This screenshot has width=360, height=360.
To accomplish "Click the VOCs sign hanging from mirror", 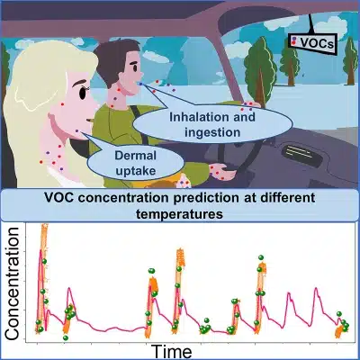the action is click(x=312, y=43).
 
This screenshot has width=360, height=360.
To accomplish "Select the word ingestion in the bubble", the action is click(x=212, y=132).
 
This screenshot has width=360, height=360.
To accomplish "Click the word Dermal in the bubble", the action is click(x=136, y=156).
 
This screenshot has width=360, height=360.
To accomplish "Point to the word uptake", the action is click(x=136, y=171).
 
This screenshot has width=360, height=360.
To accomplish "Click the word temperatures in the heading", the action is click(x=179, y=214).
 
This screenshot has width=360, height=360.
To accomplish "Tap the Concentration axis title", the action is click(x=13, y=283).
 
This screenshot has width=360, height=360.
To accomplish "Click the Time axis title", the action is click(x=171, y=351).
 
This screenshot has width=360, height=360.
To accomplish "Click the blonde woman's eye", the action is click(x=82, y=93).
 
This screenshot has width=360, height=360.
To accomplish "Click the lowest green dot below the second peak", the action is click(x=66, y=337).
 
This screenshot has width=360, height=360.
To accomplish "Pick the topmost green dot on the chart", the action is click(x=261, y=257).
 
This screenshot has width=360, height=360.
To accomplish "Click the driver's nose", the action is click(x=139, y=73).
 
